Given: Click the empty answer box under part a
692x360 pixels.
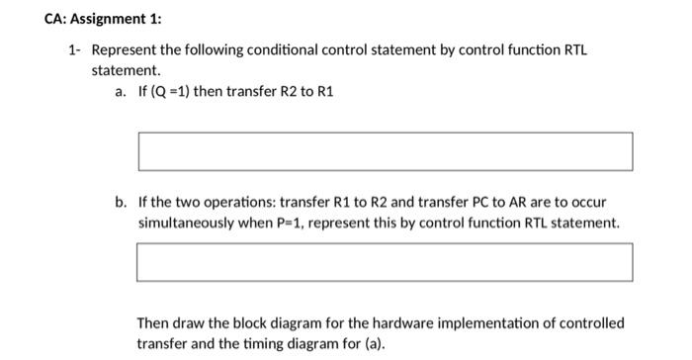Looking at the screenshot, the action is (x=385, y=151).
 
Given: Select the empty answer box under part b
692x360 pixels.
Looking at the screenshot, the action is (x=385, y=262).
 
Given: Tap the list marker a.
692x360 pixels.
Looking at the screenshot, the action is (x=120, y=92).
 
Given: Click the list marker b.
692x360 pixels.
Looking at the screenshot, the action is (x=120, y=202).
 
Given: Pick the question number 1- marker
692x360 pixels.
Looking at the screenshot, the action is (x=74, y=49).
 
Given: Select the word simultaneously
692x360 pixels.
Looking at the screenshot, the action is (x=186, y=223).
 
